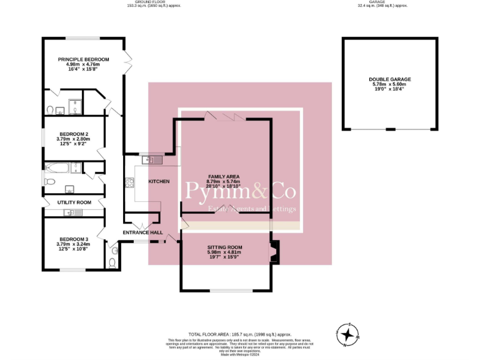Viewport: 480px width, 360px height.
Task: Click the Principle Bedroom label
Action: pyautogui.click(x=83, y=59)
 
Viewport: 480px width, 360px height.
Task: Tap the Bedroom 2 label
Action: pyautogui.click(x=74, y=134)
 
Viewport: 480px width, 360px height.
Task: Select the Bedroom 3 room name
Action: pyautogui.click(x=74, y=239)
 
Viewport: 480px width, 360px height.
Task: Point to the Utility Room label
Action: pyautogui.click(x=74, y=202)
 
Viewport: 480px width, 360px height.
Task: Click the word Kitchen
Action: pyautogui.click(x=158, y=181)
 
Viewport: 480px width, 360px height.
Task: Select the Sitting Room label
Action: pyautogui.click(x=224, y=247)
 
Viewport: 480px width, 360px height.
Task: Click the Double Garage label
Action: pyautogui.click(x=389, y=79)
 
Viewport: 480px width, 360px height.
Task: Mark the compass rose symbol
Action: pyautogui.click(x=347, y=334)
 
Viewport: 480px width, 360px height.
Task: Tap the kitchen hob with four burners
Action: pyautogui.click(x=130, y=182)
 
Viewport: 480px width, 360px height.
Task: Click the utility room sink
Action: pyautogui.click(x=72, y=213)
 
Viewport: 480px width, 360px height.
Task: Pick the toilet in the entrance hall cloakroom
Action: pyautogui.click(x=112, y=262)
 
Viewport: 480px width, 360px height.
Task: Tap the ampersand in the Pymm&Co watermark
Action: pyautogui.click(x=253, y=192)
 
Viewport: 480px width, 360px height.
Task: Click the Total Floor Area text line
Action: pyautogui.click(x=240, y=334)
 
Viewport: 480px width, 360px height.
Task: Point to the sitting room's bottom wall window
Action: pyautogui.click(x=231, y=291)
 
